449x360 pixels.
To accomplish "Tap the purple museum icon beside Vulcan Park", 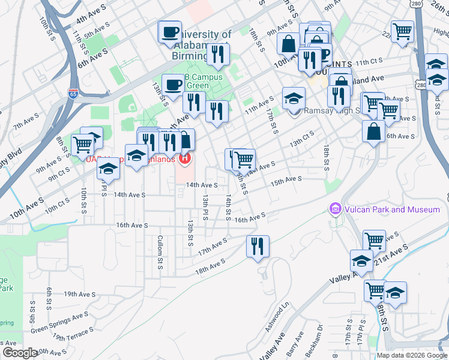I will pos(335,209).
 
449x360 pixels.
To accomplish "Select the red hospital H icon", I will pos(185,159).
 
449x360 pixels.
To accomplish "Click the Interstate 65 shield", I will pos(73,94).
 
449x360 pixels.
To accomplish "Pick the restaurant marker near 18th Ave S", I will pos(258,247).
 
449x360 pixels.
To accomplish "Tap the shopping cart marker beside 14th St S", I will pos(244,160).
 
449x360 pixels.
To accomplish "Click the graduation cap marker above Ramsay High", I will pos(294,98).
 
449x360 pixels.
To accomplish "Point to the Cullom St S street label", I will pos(160,256).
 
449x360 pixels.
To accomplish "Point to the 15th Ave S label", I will pos(285,180).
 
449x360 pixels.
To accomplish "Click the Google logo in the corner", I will pos(20,353).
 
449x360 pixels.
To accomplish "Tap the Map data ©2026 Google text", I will pos(412,355).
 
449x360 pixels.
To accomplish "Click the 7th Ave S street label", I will pos(25,124).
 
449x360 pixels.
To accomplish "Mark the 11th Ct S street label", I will pos(369,61).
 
